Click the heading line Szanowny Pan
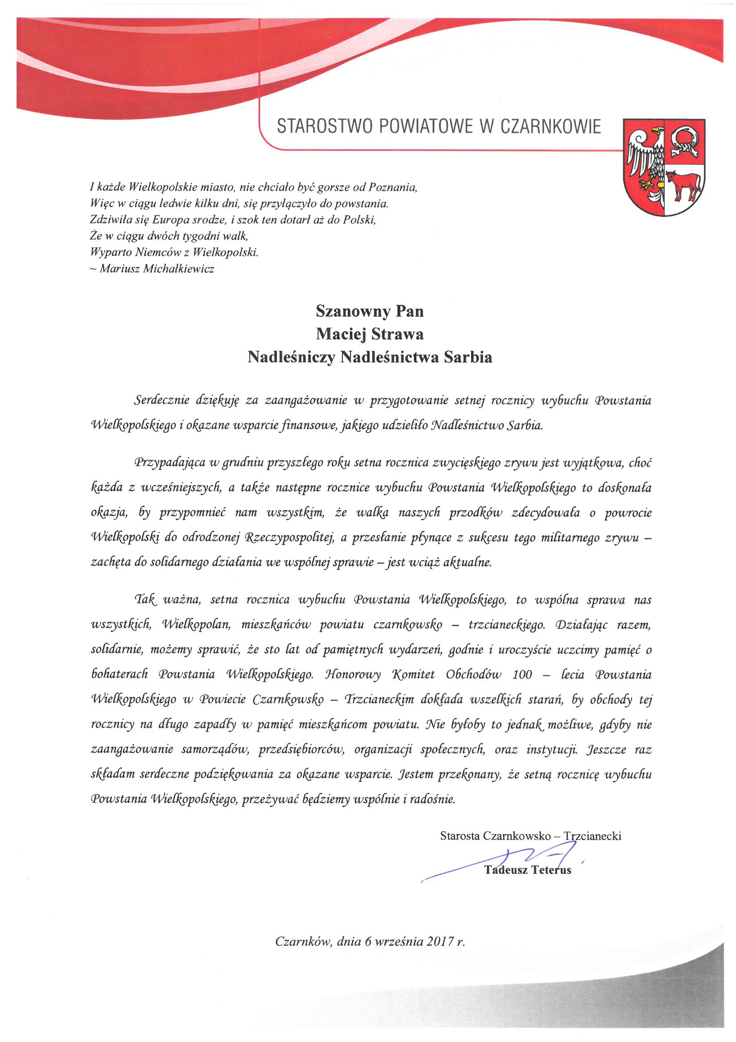click(370, 312)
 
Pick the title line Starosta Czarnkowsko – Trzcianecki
click(530, 836)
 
